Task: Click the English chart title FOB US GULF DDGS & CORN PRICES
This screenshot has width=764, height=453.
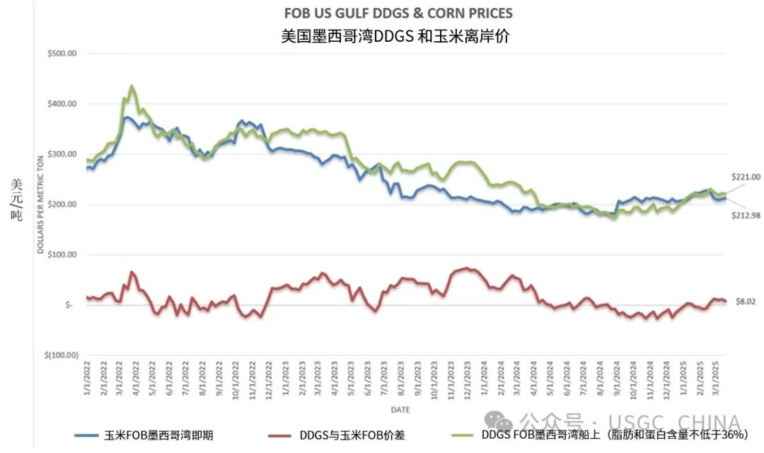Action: point(398,13)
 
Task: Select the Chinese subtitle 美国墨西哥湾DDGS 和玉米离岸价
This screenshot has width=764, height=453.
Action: point(395,36)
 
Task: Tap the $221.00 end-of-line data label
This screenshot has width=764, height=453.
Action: point(746,177)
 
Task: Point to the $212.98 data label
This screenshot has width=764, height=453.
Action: point(746,215)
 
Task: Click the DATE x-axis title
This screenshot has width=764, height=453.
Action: point(400,410)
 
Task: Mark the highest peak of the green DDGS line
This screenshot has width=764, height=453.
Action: point(132,86)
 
